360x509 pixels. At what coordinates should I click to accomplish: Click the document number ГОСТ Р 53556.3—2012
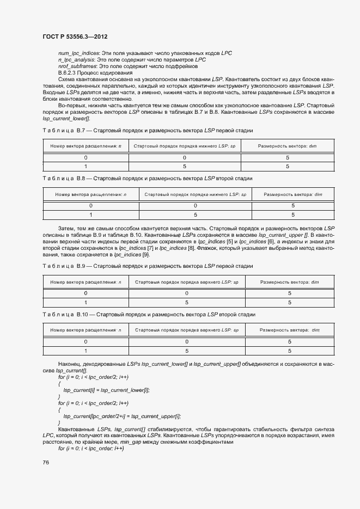(x=75, y=36)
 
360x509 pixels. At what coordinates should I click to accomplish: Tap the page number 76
(x=46, y=462)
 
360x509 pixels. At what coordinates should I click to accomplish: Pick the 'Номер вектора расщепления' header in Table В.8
(x=90, y=194)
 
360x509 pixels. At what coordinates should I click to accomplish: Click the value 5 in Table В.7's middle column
(x=185, y=167)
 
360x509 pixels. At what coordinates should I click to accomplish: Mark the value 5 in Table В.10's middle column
(x=186, y=351)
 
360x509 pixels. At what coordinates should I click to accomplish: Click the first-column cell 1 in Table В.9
(x=86, y=303)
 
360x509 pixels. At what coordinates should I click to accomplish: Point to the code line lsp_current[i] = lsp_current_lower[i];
(x=106, y=390)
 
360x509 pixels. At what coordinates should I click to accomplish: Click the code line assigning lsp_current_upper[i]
(x=121, y=416)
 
